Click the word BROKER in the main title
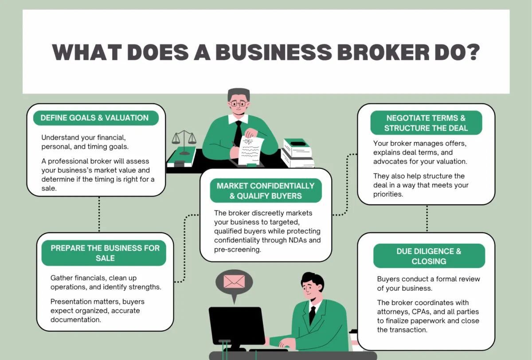(x=385, y=52)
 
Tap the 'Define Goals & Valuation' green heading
(x=94, y=118)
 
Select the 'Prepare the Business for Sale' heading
(x=105, y=253)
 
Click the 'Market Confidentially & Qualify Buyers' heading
(x=266, y=191)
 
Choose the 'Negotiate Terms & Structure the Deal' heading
(x=426, y=123)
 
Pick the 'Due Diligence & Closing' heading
(x=429, y=256)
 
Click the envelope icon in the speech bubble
(x=234, y=282)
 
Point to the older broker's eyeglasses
(x=239, y=104)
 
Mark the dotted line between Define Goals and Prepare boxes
(x=99, y=214)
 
